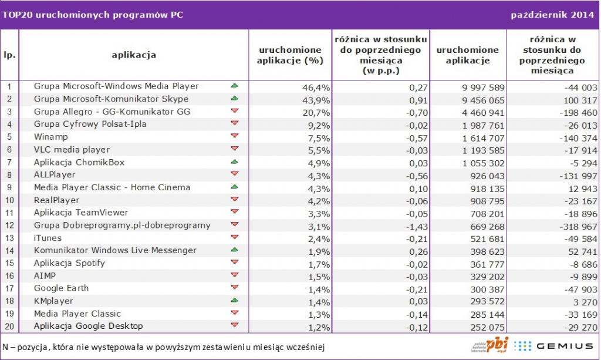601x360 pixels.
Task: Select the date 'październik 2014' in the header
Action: pyautogui.click(x=552, y=15)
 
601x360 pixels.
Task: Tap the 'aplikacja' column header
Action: pyautogui.click(x=134, y=55)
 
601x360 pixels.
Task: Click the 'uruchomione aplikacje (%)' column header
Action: pyautogui.click(x=291, y=55)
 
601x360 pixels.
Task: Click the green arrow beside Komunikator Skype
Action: pyautogui.click(x=235, y=99)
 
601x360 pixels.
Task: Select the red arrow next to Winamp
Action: pyautogui.click(x=235, y=136)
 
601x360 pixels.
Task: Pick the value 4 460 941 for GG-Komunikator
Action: pyautogui.click(x=474, y=112)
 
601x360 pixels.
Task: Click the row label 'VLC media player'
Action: pyautogui.click(x=72, y=150)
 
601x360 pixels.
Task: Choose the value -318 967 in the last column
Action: pyautogui.click(x=574, y=226)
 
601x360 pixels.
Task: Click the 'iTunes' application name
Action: pyautogui.click(x=48, y=238)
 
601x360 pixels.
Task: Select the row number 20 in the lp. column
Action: pyautogui.click(x=9, y=327)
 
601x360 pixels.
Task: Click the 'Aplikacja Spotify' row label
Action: pyautogui.click(x=69, y=263)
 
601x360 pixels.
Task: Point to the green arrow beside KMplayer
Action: pyautogui.click(x=235, y=301)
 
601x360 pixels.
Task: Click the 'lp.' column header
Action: pyautogui.click(x=9, y=55)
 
